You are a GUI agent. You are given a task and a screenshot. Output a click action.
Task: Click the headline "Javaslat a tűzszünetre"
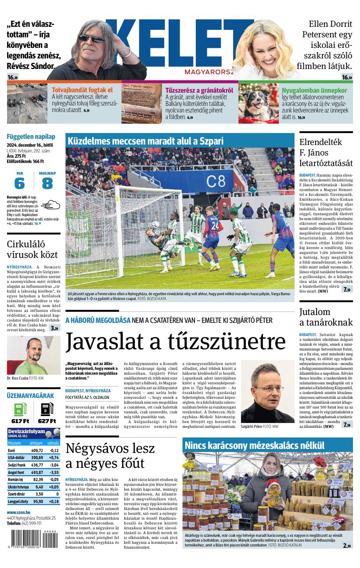175,342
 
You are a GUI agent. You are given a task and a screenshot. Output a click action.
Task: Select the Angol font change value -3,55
54,472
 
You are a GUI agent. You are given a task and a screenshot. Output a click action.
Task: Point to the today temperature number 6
19,183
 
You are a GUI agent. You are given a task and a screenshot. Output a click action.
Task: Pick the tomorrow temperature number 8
47,183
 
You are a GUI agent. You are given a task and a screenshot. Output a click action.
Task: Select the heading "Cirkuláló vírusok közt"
32,249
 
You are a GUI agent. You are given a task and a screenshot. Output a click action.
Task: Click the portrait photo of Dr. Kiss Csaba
33,355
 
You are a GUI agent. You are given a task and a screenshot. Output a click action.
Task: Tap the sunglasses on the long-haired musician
91,39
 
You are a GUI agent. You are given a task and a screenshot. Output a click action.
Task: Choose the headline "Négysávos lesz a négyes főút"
110,456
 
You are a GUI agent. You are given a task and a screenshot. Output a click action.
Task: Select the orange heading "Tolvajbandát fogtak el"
82,90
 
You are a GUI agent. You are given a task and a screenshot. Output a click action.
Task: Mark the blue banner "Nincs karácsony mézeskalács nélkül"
254,445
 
